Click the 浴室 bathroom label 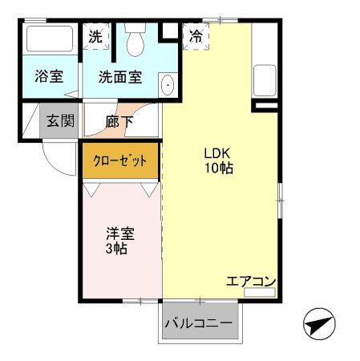(49, 77)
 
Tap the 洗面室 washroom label (120, 77)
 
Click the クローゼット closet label (121, 160)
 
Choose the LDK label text (218, 153)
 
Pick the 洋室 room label (120, 234)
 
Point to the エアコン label (251, 282)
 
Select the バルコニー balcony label (199, 324)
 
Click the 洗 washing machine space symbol (95, 36)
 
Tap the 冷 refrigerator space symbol (196, 36)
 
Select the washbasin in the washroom (168, 85)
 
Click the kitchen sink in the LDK (264, 79)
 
